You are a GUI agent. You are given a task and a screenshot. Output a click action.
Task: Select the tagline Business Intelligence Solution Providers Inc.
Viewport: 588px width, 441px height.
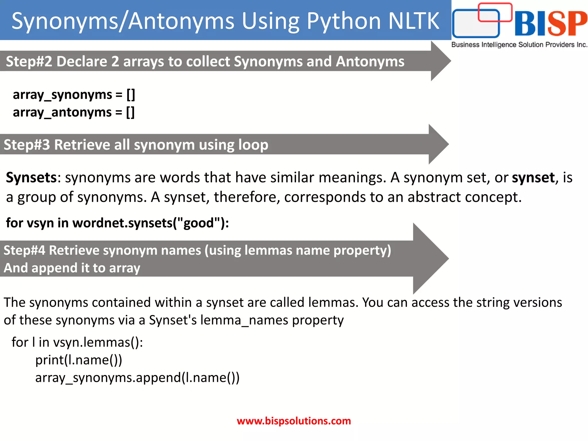coord(519,45)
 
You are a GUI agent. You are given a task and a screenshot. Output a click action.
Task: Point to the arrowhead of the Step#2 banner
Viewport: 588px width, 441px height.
coord(441,61)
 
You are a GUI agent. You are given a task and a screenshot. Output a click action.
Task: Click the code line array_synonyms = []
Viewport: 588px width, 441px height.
coord(74,95)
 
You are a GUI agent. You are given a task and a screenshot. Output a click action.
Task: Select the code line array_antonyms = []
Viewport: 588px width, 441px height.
coord(73,112)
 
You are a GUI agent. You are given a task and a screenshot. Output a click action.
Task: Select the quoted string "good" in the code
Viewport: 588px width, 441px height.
coord(199,223)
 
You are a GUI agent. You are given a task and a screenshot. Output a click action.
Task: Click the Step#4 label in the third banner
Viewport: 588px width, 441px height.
coord(24,250)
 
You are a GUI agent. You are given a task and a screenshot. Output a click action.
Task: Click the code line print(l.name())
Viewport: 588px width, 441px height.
coord(79,360)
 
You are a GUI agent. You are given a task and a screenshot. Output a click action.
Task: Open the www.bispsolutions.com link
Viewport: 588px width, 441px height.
coord(294,421)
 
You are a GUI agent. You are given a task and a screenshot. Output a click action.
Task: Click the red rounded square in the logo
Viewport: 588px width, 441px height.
coord(495,12)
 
